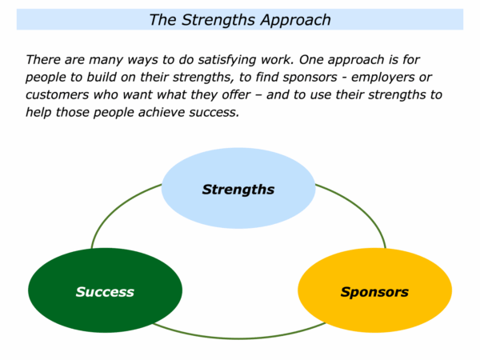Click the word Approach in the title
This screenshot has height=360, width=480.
click(x=296, y=21)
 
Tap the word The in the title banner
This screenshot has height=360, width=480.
click(x=162, y=20)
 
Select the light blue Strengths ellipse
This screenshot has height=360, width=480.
click(x=238, y=188)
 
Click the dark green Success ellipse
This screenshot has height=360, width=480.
click(x=105, y=290)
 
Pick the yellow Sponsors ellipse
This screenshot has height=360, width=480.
click(x=374, y=290)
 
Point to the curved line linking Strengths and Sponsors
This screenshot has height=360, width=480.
click(x=360, y=209)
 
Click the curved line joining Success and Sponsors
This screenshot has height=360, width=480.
click(x=238, y=338)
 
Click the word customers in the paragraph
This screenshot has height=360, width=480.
click(x=58, y=95)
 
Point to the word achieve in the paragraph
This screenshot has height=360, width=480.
click(x=162, y=112)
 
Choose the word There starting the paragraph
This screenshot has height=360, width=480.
click(x=43, y=60)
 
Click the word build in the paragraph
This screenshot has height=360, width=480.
click(x=102, y=77)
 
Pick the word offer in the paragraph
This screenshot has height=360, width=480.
click(x=236, y=94)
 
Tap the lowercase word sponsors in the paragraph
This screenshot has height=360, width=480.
click(x=310, y=78)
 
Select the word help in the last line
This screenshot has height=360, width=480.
click(x=38, y=113)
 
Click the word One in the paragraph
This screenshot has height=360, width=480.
click(x=311, y=60)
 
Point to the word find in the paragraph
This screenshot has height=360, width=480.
click(x=267, y=77)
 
